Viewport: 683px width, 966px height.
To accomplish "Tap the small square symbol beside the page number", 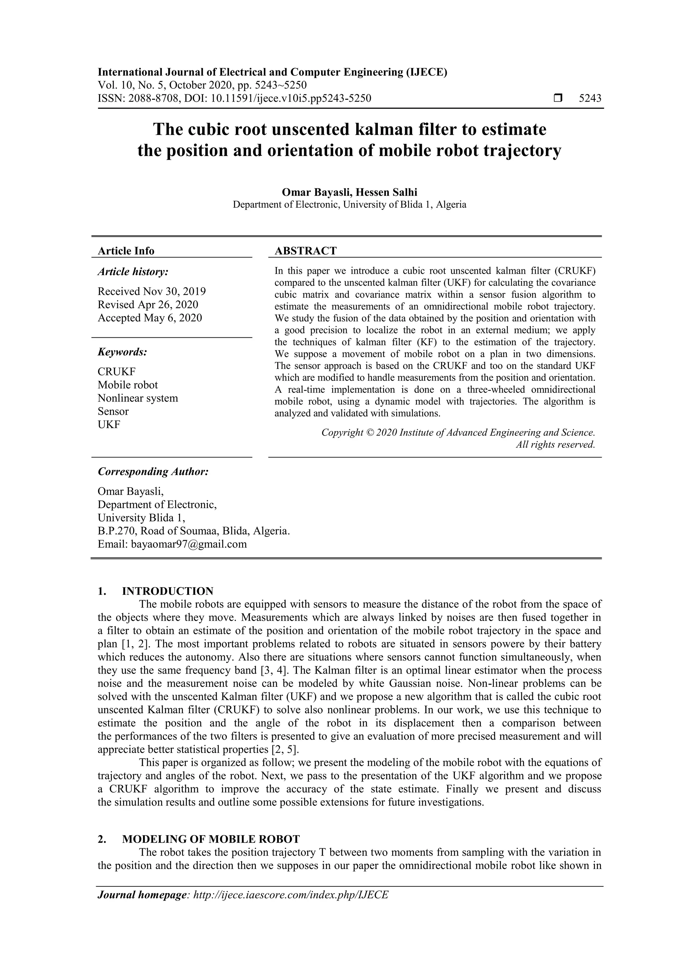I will pos(558,98).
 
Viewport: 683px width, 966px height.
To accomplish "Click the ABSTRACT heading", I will pos(305,251).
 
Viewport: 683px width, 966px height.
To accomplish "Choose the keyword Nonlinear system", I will pos(138,398).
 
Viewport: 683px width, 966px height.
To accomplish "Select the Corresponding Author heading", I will pos(153,471).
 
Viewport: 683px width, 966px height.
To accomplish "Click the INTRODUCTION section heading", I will pos(167,591).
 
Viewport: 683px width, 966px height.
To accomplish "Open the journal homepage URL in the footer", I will pos(290,895).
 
